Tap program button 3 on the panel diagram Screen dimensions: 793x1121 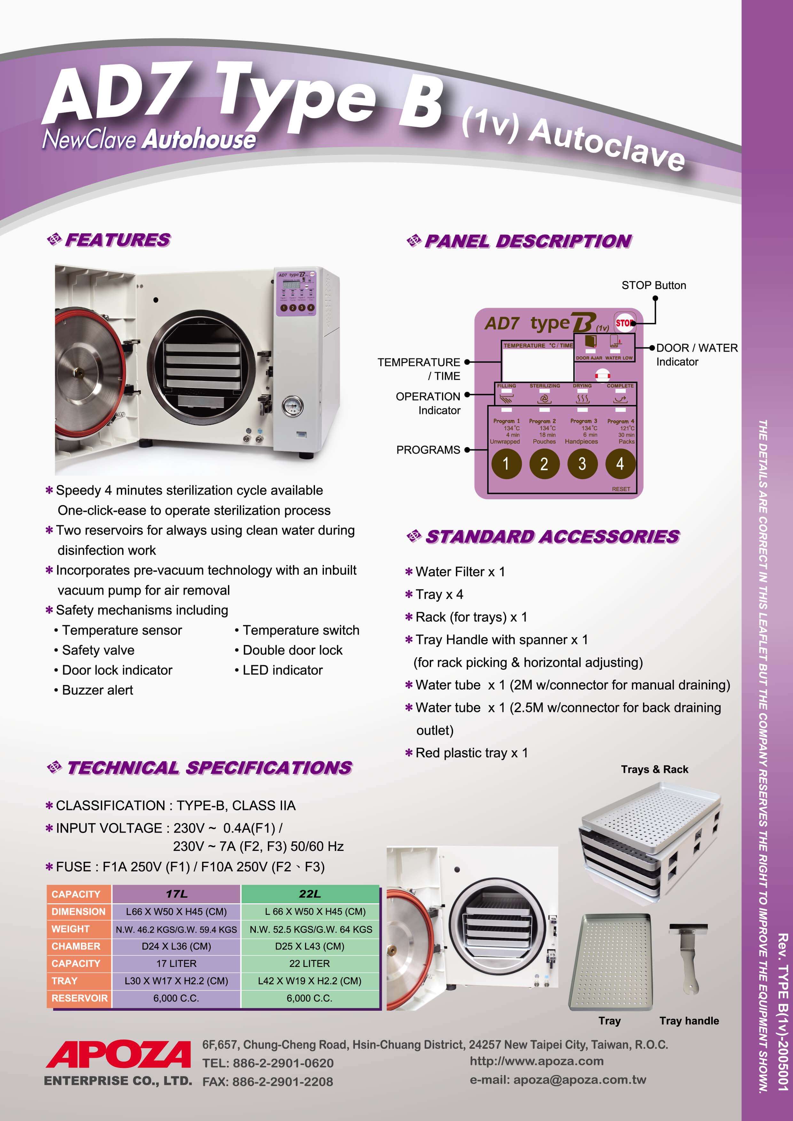tap(582, 463)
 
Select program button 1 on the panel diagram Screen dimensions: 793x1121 tap(506, 463)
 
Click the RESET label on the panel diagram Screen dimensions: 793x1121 tap(621, 489)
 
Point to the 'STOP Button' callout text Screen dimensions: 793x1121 tap(653, 285)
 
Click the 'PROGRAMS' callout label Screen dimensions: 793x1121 tap(428, 450)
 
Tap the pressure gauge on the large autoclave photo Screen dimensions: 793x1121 tap(292, 407)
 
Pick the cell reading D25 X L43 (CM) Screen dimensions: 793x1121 tap(310, 946)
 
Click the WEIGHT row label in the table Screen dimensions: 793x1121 tap(71, 929)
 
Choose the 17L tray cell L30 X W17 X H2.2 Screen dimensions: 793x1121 tap(176, 981)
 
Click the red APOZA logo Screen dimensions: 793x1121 tap(118, 1054)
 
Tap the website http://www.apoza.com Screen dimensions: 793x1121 tap(536, 1061)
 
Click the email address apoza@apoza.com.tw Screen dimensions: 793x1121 tap(558, 1079)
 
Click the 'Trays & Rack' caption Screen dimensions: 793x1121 tap(654, 769)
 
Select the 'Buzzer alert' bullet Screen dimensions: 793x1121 tap(97, 690)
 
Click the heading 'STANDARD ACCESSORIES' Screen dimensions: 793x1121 tap(552, 537)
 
